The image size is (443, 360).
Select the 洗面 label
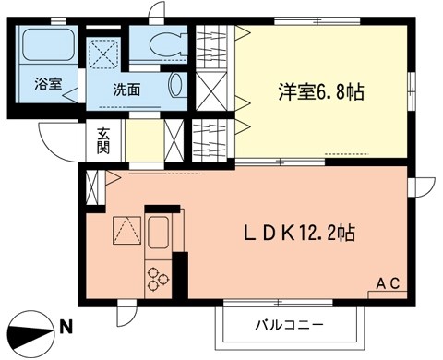[x=127, y=90]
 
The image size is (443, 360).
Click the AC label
[x=389, y=284]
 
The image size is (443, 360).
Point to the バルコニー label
[x=289, y=326]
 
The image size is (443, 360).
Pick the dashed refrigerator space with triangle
[x=125, y=230]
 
